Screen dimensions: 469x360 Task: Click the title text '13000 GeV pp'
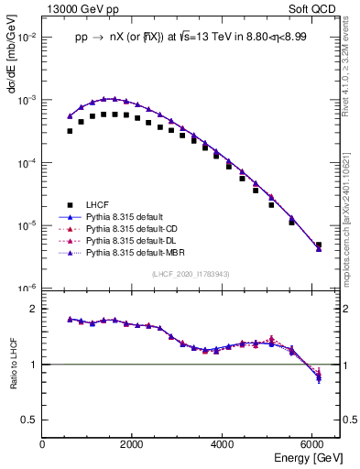76,7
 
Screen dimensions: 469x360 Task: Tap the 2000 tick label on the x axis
132,444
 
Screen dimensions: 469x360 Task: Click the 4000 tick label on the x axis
223,444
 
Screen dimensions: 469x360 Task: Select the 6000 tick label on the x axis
312,444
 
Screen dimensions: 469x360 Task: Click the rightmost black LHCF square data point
318,245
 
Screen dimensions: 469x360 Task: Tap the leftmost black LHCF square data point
70,131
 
